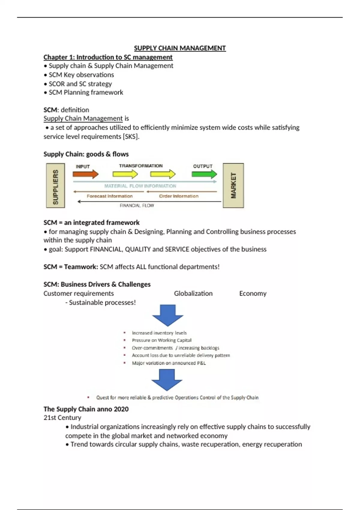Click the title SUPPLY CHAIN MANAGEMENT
[180, 48]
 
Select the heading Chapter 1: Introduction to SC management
[108, 57]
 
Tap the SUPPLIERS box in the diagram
[55, 186]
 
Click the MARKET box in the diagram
[233, 186]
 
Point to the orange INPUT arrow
[85, 174]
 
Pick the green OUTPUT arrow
[204, 174]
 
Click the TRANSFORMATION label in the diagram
[141, 166]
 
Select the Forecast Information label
[109, 196]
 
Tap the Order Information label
[178, 196]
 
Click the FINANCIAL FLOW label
[137, 205]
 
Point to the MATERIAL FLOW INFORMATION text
[140, 186]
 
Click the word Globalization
[193, 293]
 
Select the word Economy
[253, 293]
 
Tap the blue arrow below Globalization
[168, 315]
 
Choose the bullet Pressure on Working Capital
[161, 340]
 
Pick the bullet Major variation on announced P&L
[169, 363]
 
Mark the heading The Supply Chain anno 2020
[86, 409]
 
